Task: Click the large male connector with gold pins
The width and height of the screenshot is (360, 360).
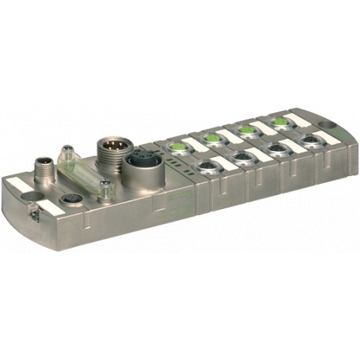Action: point(109,149)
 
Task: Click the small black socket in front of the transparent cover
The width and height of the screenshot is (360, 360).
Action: point(68,198)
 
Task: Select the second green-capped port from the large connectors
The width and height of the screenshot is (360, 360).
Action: point(214,138)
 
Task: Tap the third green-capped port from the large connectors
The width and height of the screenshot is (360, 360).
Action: point(247,130)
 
